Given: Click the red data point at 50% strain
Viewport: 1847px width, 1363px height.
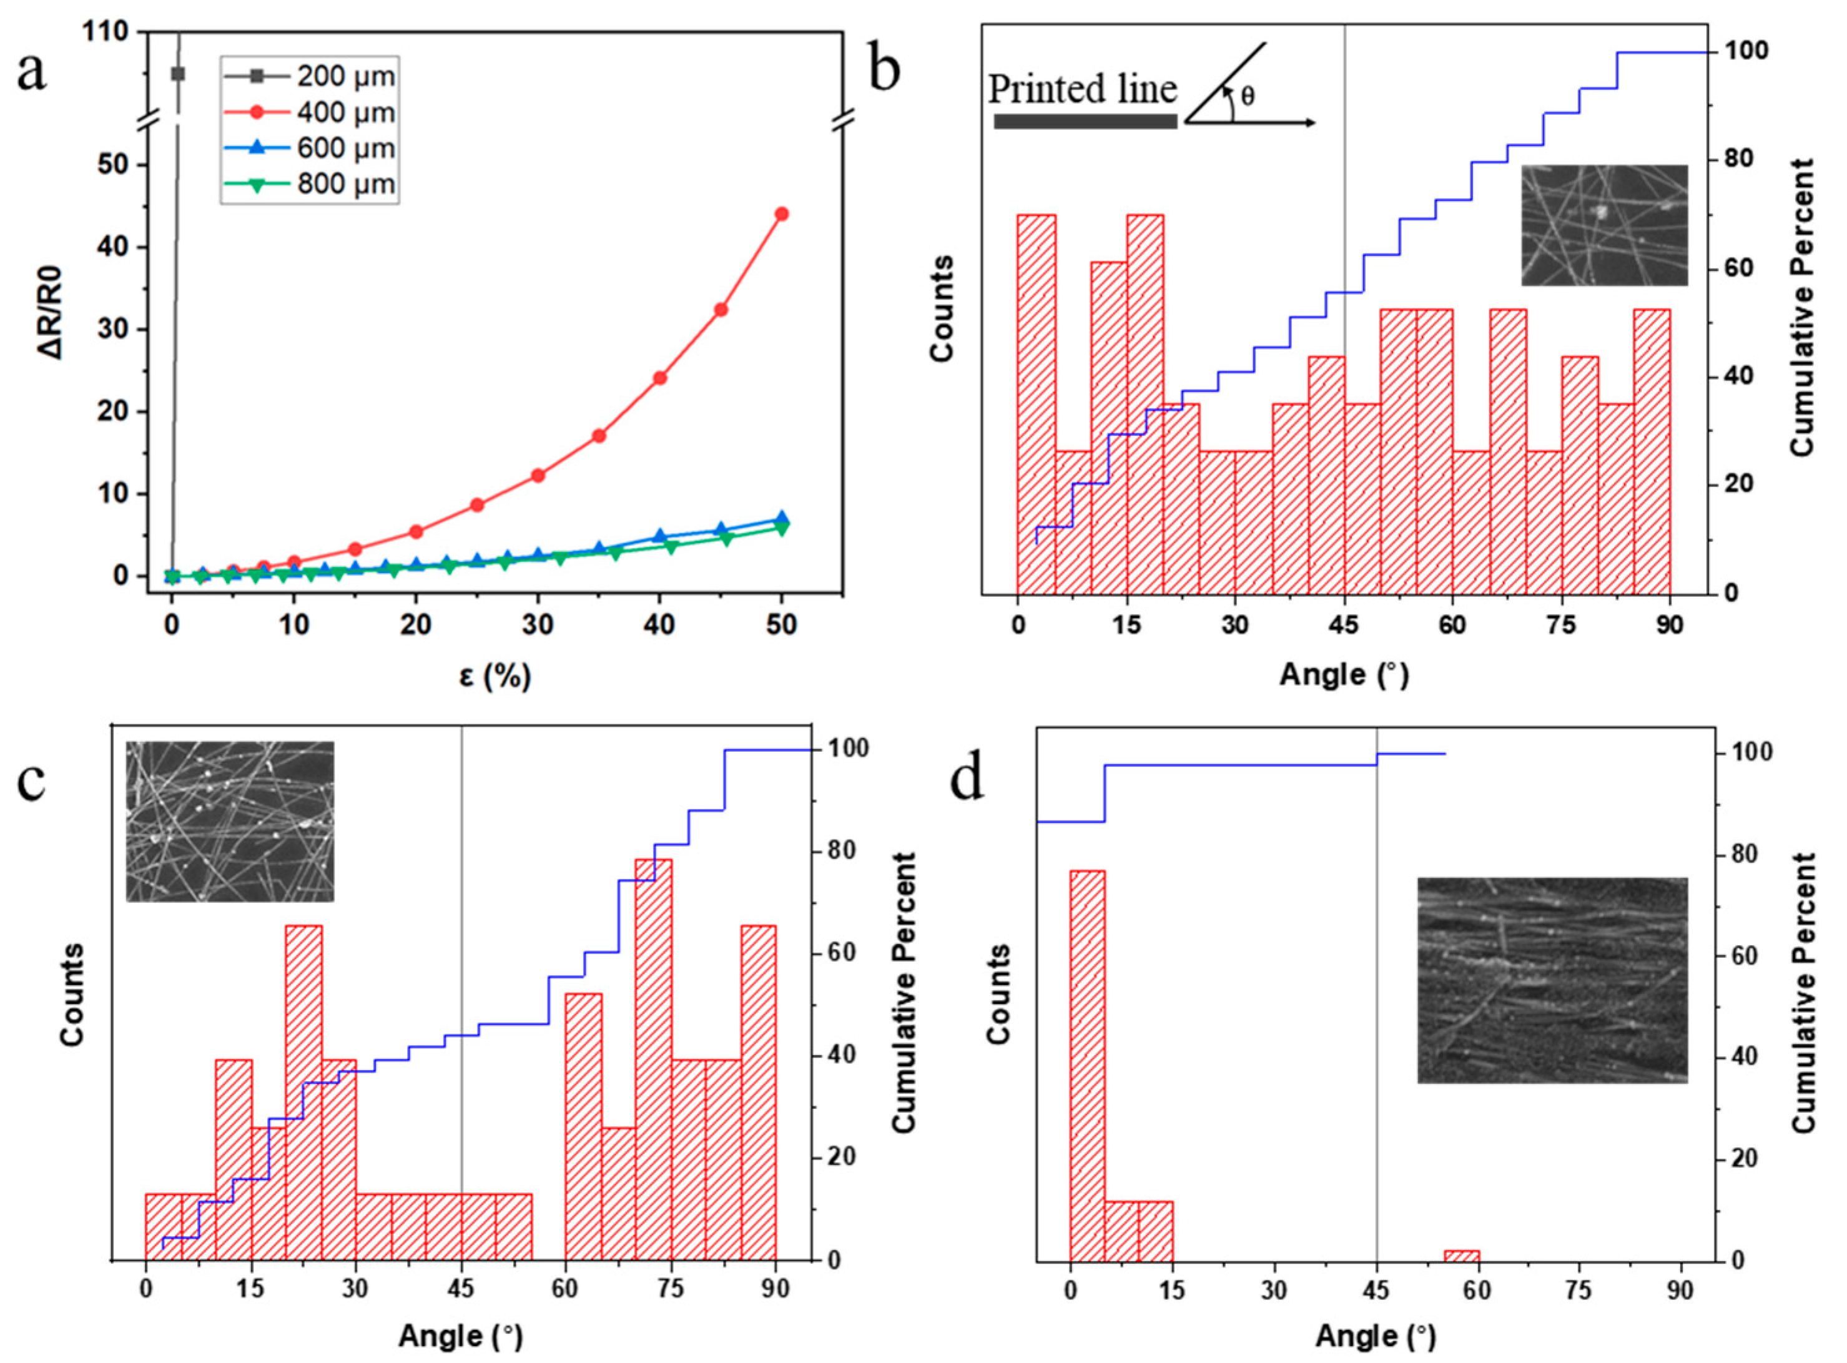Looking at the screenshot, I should [x=781, y=214].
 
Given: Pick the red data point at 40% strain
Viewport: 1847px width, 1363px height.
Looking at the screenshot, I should [x=659, y=378].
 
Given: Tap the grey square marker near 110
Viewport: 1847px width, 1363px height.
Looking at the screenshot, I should [x=177, y=74].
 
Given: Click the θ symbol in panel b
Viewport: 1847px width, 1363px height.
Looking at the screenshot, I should [x=1248, y=97].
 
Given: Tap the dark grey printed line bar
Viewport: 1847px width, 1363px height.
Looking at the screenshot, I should [x=1085, y=121].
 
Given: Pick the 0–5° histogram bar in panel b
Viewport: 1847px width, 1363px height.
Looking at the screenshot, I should [x=1036, y=405].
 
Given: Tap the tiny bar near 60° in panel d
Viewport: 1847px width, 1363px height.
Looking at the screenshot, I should [x=1461, y=1256].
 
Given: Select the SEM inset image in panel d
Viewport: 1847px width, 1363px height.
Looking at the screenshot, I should [x=1552, y=980].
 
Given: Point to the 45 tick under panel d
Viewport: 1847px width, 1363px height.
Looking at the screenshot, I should [x=1377, y=1289].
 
